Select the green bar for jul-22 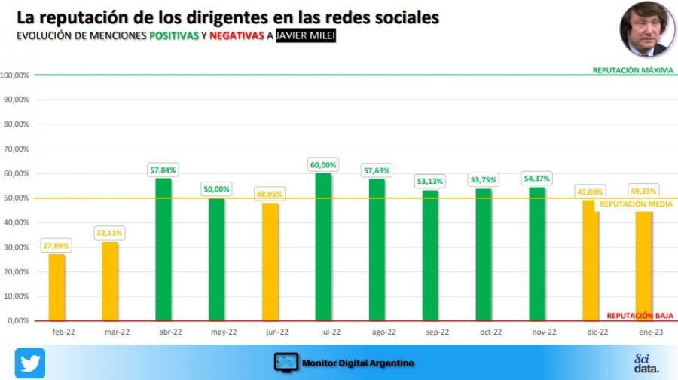click(323, 247)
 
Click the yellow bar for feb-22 click(56, 287)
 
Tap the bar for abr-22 click(163, 249)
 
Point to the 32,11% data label click(110, 233)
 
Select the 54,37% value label click(536, 179)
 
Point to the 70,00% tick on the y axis click(15, 149)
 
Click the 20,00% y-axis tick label click(15, 271)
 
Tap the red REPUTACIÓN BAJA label click(640, 316)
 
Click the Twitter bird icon click(30, 363)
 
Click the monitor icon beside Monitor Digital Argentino click(286, 363)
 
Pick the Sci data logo click(646, 363)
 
